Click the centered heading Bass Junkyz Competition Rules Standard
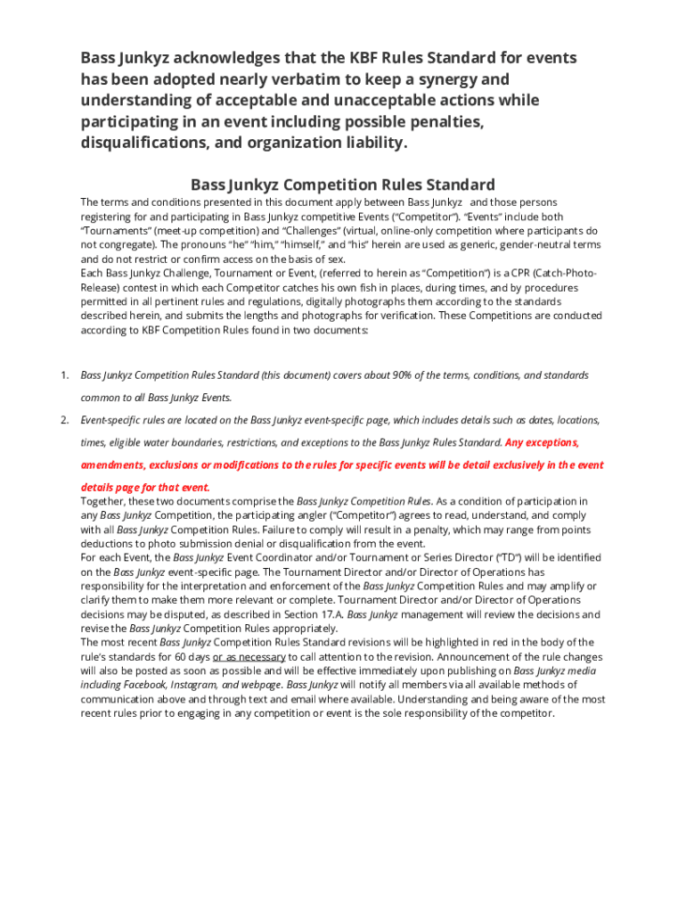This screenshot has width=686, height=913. click(x=343, y=185)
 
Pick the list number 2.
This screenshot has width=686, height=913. click(x=64, y=419)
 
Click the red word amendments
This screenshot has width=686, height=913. click(x=113, y=465)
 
